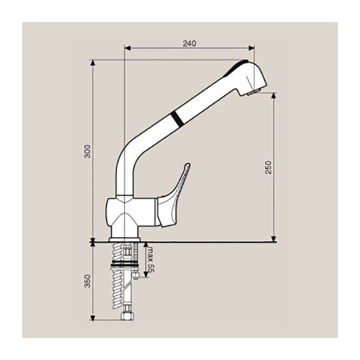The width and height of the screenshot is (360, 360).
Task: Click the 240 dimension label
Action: pyautogui.click(x=189, y=44)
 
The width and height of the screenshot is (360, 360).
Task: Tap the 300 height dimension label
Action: pyautogui.click(x=87, y=151)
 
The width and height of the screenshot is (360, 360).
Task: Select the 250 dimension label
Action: pyautogui.click(x=268, y=167)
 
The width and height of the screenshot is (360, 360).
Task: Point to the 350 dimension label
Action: pyautogui.click(x=87, y=281)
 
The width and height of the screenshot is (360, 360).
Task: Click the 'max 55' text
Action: pyautogui.click(x=151, y=260)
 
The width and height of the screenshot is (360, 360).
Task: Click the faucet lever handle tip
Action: pyautogui.click(x=188, y=165)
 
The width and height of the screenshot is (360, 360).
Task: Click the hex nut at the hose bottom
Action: pyautogui.click(x=127, y=316)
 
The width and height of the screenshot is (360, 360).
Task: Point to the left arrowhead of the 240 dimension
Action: pyautogui.click(x=127, y=48)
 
